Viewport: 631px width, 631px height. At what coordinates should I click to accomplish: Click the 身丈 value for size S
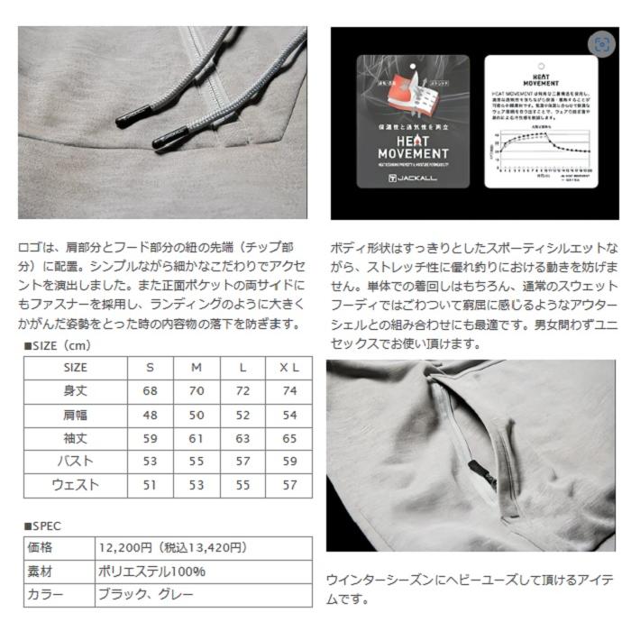(149, 391)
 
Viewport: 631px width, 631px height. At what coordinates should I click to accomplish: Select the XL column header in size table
(288, 368)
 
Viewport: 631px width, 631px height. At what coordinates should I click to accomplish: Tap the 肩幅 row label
(75, 415)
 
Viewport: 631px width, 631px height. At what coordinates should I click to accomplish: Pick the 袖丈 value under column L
(243, 438)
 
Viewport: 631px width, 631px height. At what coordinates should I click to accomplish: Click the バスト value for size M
(197, 462)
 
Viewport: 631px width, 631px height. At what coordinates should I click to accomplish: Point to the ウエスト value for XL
(288, 485)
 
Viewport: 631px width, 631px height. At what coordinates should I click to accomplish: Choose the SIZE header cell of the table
(75, 368)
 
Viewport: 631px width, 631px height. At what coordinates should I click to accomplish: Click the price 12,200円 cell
(171, 547)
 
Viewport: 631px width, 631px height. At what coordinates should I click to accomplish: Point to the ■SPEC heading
(42, 525)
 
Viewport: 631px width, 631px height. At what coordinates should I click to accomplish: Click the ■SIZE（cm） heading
(59, 345)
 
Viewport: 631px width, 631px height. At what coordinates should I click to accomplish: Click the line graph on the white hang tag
(536, 147)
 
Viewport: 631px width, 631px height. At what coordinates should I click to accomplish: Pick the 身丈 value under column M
(197, 391)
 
